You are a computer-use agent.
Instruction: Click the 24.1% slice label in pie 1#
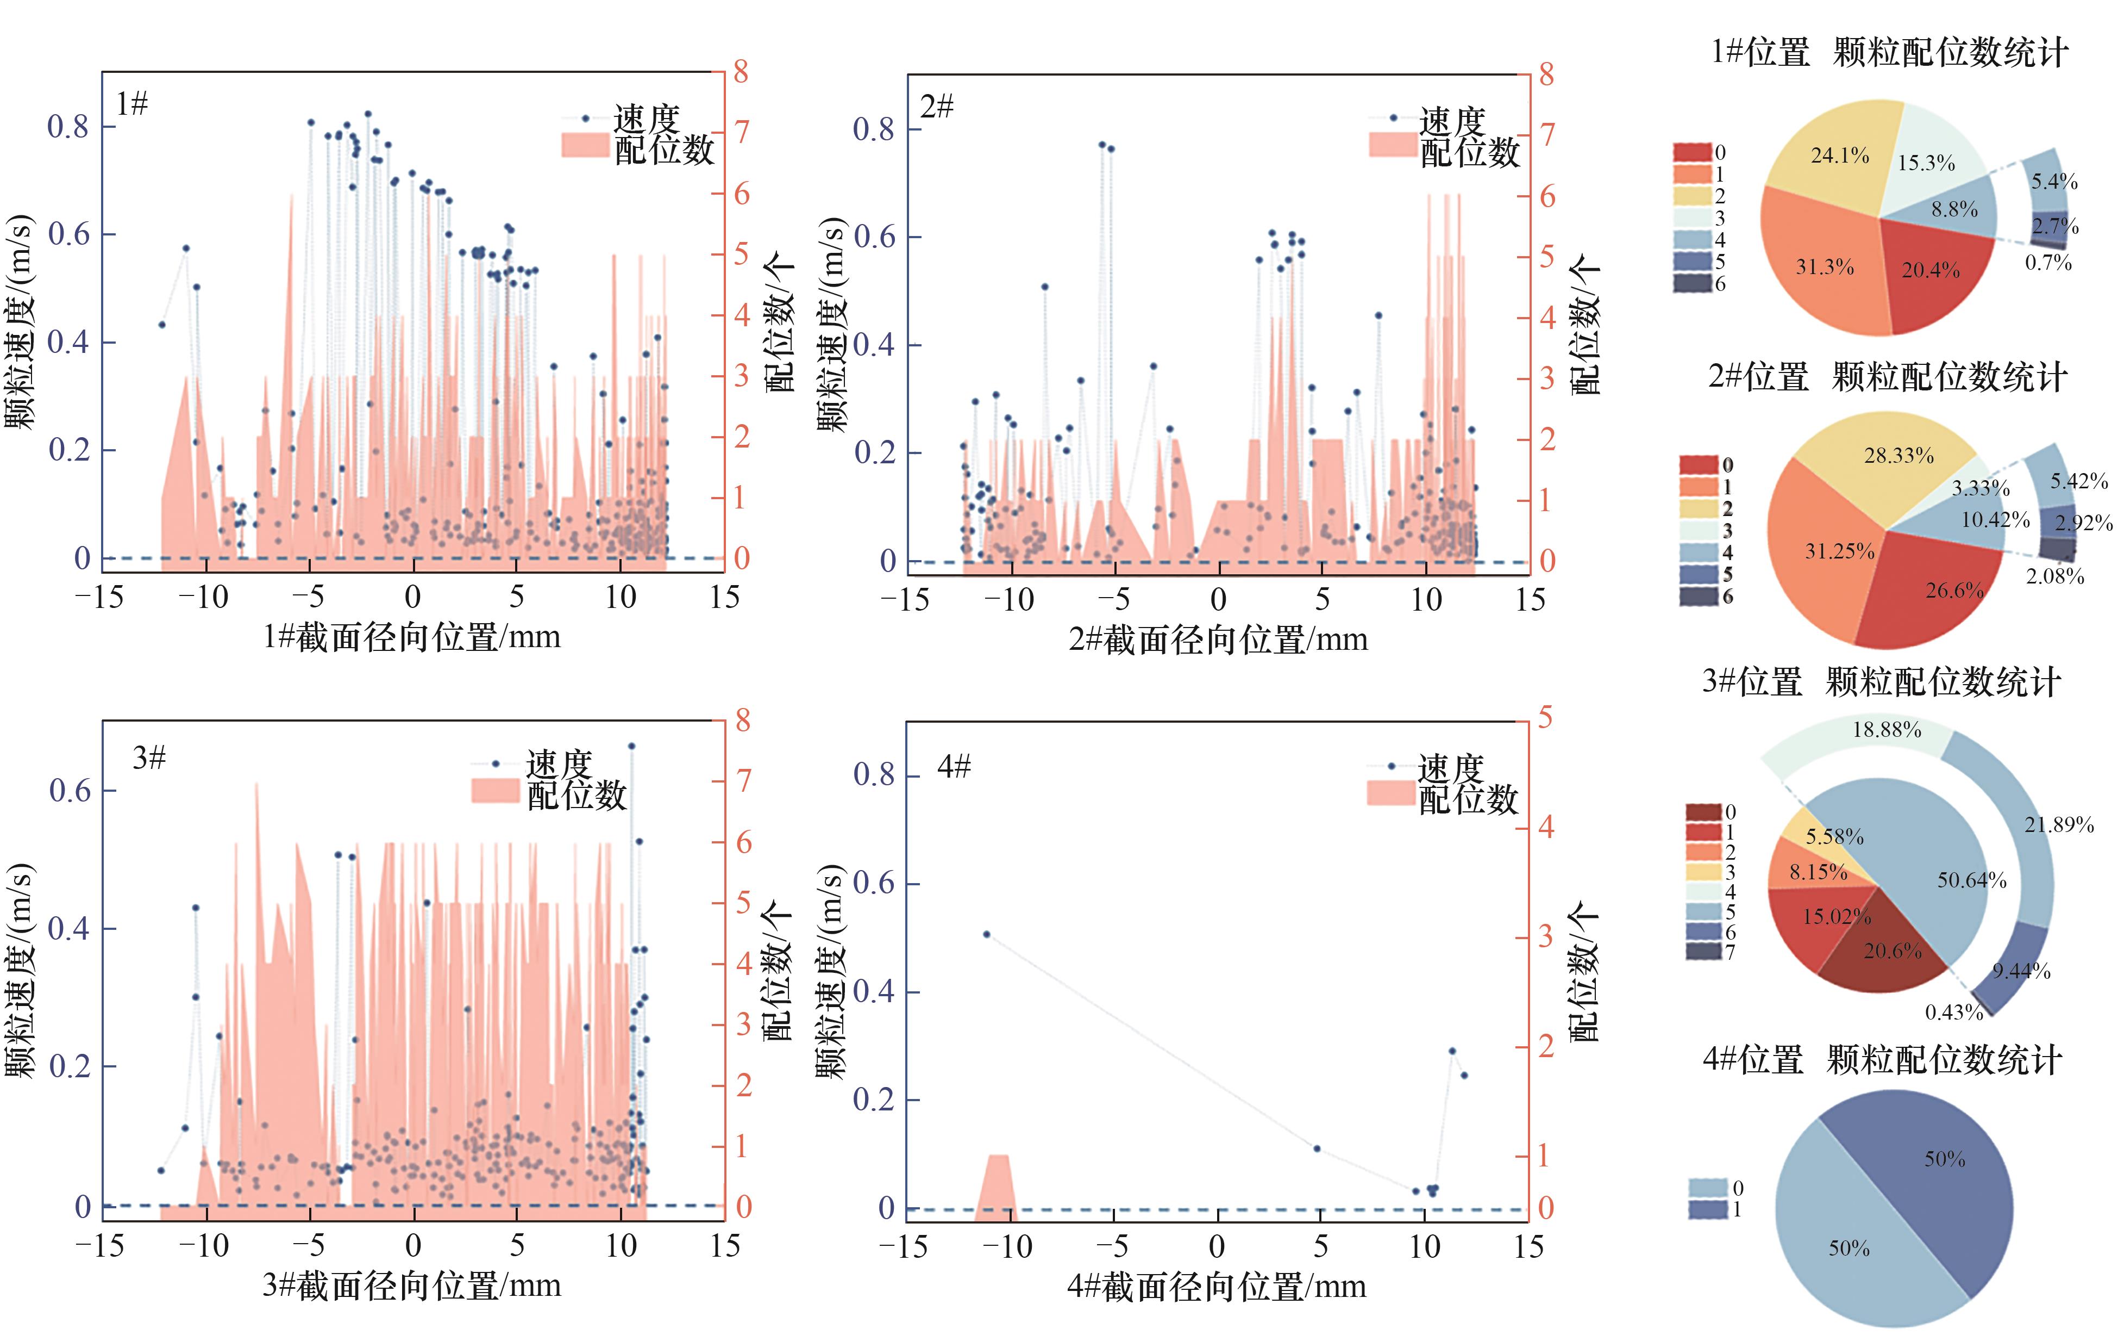tap(1839, 156)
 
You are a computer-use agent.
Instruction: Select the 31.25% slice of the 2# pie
tap(1839, 552)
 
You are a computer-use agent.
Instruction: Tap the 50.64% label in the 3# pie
tap(1971, 880)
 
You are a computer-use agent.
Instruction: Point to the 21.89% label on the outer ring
tap(2058, 824)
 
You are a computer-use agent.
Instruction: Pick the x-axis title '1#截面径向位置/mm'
tap(412, 636)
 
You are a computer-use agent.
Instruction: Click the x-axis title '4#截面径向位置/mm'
tap(1217, 1287)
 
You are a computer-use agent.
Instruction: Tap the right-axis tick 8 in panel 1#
tap(742, 72)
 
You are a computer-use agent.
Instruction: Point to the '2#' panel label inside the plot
tap(937, 107)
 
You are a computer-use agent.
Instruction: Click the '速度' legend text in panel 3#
tap(560, 764)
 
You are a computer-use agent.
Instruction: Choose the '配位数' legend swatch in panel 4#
tap(1390, 793)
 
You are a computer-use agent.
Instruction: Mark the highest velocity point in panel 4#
tap(987, 935)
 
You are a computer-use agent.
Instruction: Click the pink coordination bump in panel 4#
tap(995, 1184)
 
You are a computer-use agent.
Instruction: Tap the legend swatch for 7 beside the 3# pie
tap(1703, 951)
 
